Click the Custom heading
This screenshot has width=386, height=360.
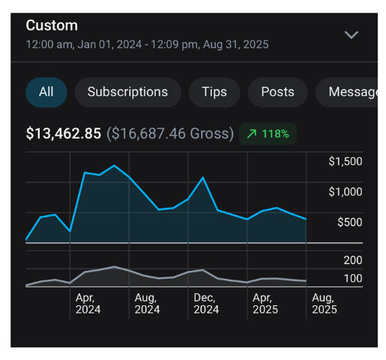click(52, 25)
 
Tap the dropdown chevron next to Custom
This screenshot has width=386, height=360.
click(351, 35)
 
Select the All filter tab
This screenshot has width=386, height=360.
click(46, 92)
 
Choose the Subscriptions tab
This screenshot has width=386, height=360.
click(127, 92)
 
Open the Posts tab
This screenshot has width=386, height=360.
click(277, 92)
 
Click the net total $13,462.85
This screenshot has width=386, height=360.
click(64, 134)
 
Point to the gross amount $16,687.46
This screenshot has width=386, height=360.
click(170, 134)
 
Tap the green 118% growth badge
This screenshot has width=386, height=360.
click(268, 134)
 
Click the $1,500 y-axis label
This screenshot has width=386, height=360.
click(345, 162)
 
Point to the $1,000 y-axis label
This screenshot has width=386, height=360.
click(345, 192)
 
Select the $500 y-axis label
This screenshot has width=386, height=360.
click(349, 222)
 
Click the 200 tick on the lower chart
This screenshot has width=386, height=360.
click(353, 260)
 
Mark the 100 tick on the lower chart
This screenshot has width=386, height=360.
click(353, 279)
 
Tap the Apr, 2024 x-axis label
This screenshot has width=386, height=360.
click(88, 303)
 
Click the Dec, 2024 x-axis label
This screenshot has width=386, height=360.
click(206, 303)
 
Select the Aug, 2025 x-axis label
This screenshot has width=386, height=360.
click(324, 303)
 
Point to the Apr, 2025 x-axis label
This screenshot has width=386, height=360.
click(265, 303)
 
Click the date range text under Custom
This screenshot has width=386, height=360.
click(147, 44)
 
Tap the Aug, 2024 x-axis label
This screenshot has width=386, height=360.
click(147, 303)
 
